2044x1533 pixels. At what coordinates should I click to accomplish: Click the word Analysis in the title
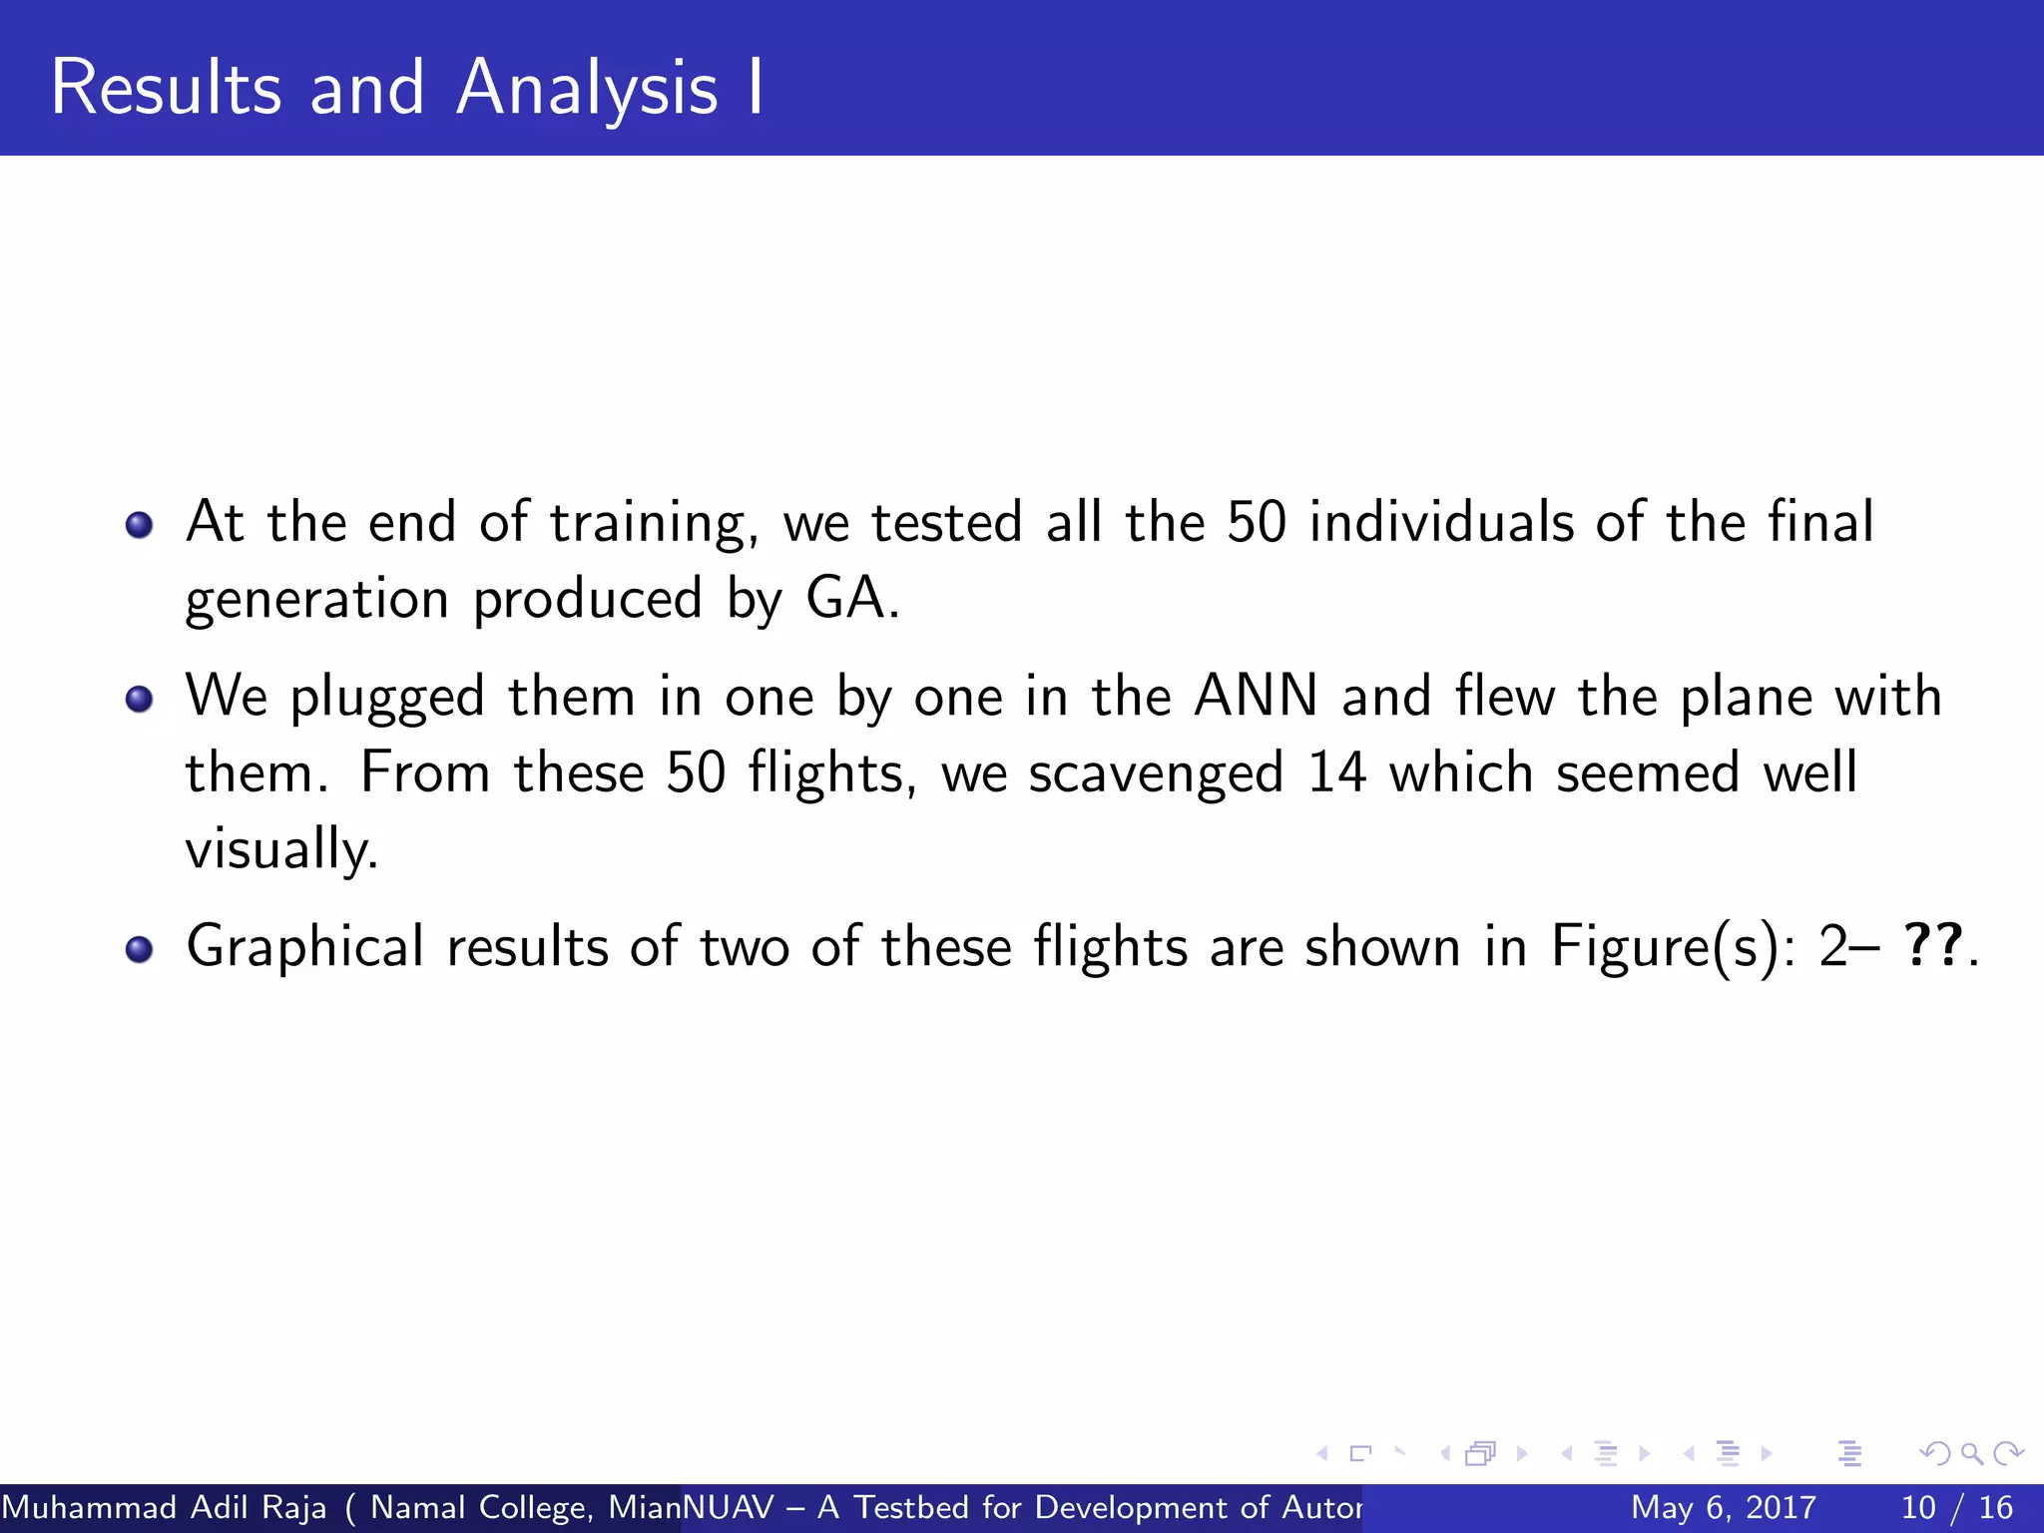(587, 90)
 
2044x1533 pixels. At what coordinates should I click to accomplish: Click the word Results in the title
(166, 88)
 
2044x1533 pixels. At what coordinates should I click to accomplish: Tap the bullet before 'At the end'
(140, 524)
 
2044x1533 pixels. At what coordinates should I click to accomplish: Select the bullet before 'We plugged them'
(140, 699)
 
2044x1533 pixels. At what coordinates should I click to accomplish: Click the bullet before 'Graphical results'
(140, 948)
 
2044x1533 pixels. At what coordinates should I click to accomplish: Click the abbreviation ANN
(1256, 696)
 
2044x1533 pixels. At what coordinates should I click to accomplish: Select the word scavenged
(1156, 774)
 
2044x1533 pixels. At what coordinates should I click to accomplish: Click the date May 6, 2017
(1723, 1507)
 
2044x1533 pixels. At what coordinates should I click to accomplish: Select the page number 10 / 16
(1956, 1507)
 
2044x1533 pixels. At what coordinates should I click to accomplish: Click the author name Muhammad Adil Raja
(165, 1507)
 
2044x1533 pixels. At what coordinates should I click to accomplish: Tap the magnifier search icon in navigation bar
(1971, 1454)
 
